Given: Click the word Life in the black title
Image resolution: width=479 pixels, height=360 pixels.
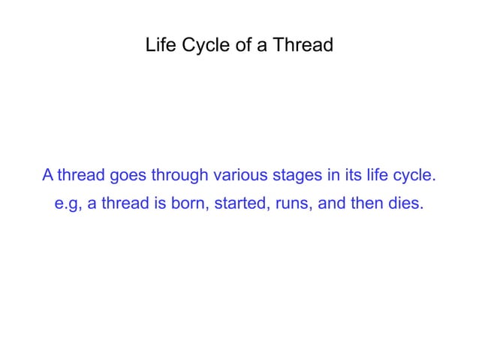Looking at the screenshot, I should pyautogui.click(x=158, y=46).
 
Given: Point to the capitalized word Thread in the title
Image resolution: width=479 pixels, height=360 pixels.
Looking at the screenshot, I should pyautogui.click(x=303, y=46).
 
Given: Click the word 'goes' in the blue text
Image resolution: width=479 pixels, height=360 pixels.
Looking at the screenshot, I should pyautogui.click(x=128, y=177).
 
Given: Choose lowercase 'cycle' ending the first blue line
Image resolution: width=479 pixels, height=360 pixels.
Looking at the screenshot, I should pyautogui.click(x=415, y=177).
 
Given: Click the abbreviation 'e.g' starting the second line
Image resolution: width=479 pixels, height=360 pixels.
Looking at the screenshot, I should pyautogui.click(x=68, y=204).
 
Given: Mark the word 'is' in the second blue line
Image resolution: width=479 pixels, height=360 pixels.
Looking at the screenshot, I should pyautogui.click(x=158, y=204).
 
